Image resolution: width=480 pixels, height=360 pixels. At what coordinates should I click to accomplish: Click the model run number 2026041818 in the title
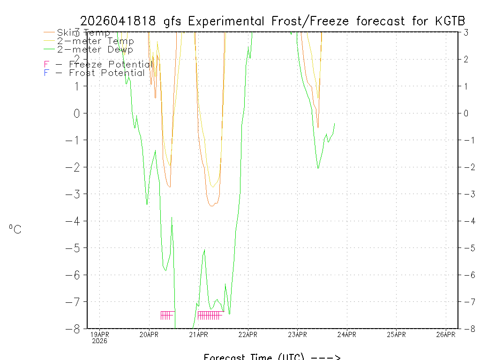point(119,21)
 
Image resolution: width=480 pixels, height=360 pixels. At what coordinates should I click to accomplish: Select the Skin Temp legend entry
point(83,33)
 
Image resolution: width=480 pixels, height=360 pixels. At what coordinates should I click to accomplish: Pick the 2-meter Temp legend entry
point(95,41)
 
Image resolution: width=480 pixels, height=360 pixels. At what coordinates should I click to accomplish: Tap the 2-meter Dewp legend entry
point(95,50)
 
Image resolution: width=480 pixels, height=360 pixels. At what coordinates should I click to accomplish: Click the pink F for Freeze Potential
point(46,64)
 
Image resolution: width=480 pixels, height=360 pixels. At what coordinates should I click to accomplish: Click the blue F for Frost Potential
point(46,73)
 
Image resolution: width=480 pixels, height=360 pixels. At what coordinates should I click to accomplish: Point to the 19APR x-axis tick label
point(99,335)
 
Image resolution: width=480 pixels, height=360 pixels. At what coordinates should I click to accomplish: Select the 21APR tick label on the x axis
point(198,335)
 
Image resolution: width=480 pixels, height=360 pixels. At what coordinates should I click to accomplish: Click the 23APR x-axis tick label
point(297,335)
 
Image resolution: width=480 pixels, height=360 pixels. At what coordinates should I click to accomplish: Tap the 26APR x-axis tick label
point(446,335)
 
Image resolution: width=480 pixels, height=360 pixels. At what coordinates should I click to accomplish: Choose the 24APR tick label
point(347,335)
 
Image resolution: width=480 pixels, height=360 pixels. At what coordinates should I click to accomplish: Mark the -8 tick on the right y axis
point(466,329)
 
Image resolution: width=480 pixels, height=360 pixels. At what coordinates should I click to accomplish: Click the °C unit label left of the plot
point(15,229)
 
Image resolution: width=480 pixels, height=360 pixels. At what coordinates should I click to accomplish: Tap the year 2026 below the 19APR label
point(99,341)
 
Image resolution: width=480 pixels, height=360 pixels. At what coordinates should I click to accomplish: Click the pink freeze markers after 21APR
point(210,315)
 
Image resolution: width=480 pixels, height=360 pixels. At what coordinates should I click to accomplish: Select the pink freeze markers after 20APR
point(167,315)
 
